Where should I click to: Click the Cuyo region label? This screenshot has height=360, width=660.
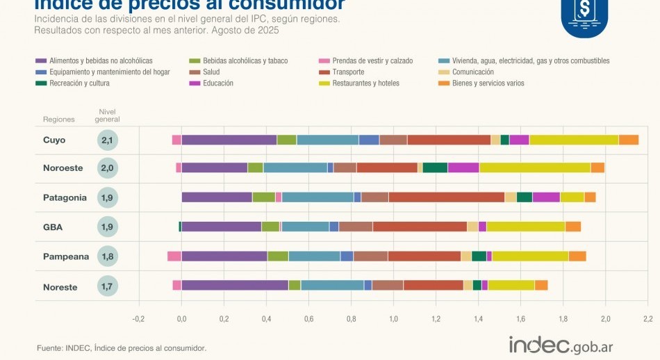54,140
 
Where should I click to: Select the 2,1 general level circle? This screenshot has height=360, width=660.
107,140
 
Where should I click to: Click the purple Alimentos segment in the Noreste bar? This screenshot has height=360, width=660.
235,285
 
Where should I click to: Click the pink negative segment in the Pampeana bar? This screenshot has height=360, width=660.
174,256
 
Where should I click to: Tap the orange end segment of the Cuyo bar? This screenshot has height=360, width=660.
629,140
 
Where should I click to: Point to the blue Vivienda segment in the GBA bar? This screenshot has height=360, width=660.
305,227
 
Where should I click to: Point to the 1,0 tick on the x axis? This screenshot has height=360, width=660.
393,318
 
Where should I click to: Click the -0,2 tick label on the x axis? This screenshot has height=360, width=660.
138,318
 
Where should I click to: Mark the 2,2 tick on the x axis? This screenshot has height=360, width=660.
647,318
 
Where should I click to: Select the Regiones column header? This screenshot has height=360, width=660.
58,120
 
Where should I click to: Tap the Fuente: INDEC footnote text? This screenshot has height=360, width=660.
122,347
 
